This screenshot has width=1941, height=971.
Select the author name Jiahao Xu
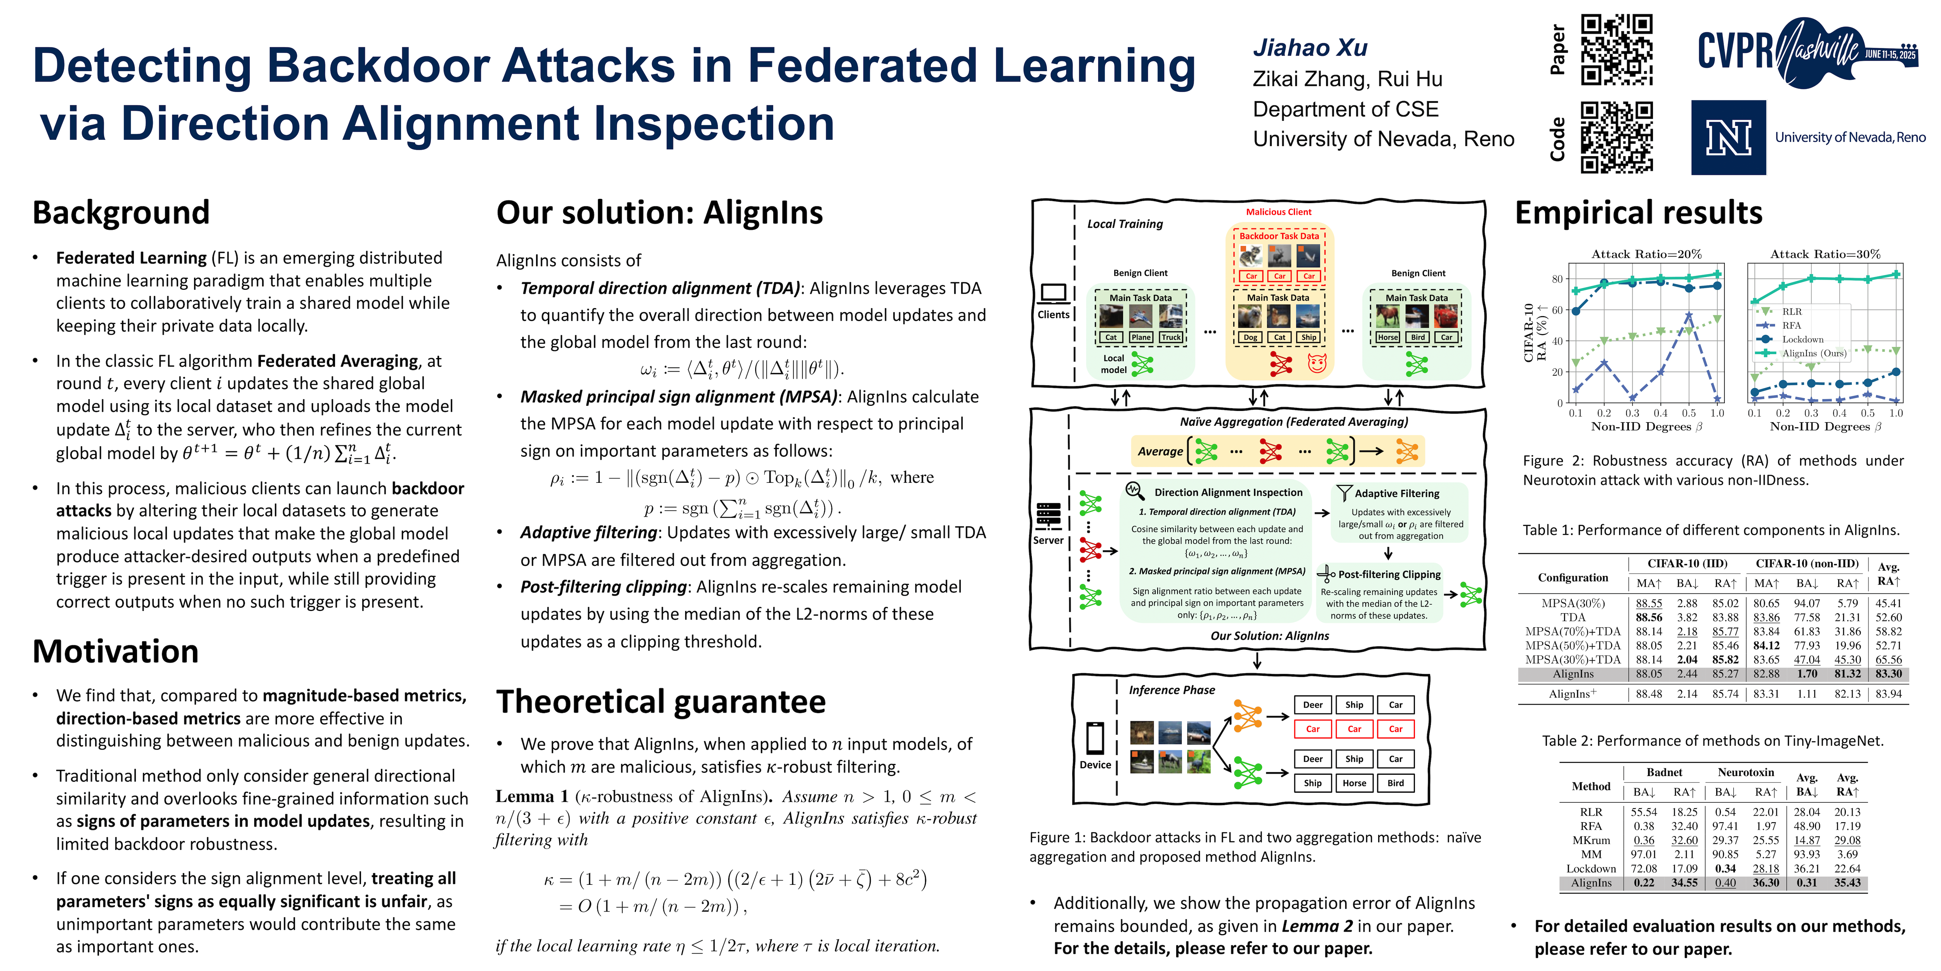tap(1309, 47)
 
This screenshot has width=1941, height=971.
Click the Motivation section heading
tap(115, 651)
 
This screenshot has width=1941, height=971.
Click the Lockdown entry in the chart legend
tap(1802, 339)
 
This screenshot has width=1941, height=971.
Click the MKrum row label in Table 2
tap(1590, 840)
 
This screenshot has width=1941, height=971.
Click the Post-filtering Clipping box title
tap(1389, 574)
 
